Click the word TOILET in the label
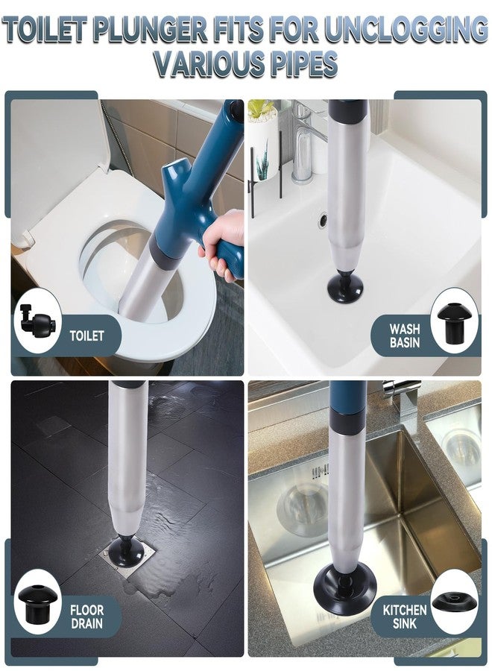point(87,335)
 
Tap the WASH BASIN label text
point(404,335)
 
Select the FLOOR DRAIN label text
point(87,617)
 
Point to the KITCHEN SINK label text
point(404,617)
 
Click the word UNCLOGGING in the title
point(406,31)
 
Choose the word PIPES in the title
point(295,64)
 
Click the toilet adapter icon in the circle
point(37,320)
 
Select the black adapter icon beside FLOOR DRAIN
point(37,602)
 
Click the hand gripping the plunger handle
point(222,244)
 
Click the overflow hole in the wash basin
point(323,220)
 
